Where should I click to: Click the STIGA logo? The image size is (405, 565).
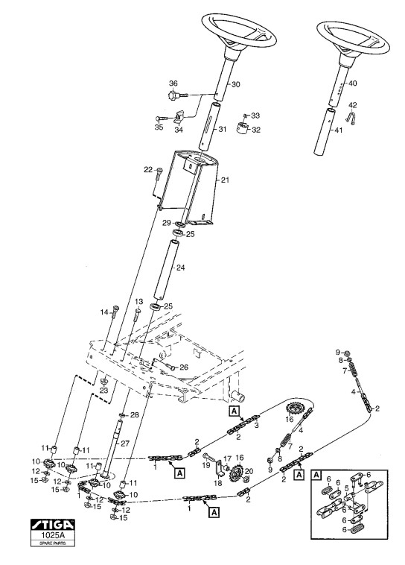(53, 524)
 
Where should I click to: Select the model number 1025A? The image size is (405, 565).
(53, 534)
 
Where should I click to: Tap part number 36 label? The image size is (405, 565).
(173, 83)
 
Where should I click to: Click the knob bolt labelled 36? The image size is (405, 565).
(178, 95)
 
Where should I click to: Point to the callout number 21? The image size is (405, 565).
(225, 180)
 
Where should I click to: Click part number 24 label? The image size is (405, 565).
(181, 268)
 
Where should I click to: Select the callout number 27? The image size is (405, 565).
(124, 444)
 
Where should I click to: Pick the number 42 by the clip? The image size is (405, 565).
(353, 105)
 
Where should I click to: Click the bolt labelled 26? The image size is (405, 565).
(166, 366)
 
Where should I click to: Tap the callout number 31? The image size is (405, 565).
(223, 129)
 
